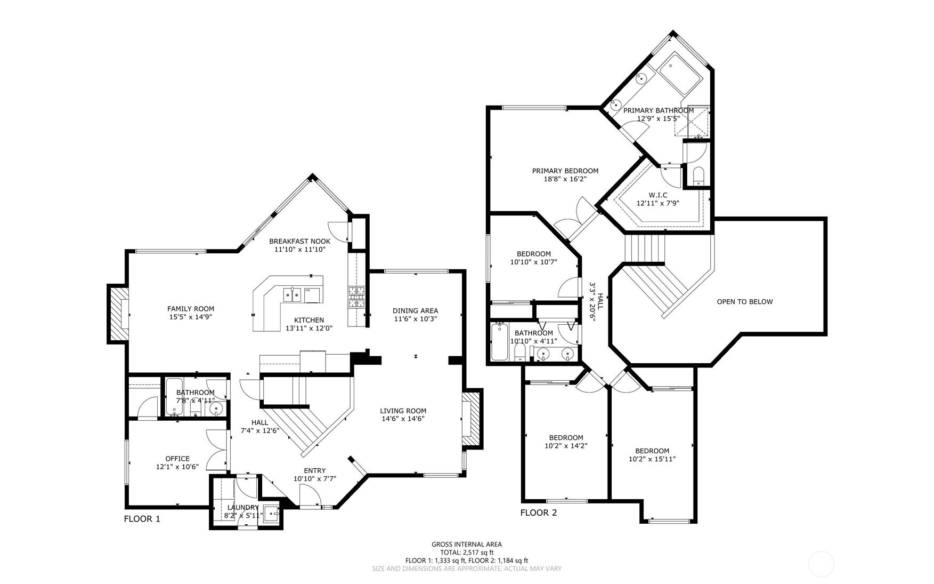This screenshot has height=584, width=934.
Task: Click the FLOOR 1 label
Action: coord(142,518)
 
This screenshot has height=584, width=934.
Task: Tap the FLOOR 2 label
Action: coord(538,513)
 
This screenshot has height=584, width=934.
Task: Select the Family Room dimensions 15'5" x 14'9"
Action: coord(191,317)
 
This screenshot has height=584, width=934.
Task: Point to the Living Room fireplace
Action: coord(472,419)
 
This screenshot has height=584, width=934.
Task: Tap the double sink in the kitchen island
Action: coord(292,293)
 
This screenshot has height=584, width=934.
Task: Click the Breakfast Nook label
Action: coord(299,241)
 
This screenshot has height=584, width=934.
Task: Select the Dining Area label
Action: coord(415,310)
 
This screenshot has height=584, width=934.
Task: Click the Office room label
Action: coord(177,458)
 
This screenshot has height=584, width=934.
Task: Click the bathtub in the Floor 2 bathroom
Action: coord(499,342)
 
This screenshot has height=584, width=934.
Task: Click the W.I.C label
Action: coord(658,195)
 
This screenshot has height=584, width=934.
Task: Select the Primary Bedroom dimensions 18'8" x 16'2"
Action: coord(565,179)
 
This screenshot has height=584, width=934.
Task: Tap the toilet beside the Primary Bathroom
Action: coord(698,175)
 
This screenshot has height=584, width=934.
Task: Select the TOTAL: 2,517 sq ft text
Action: coord(466,552)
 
